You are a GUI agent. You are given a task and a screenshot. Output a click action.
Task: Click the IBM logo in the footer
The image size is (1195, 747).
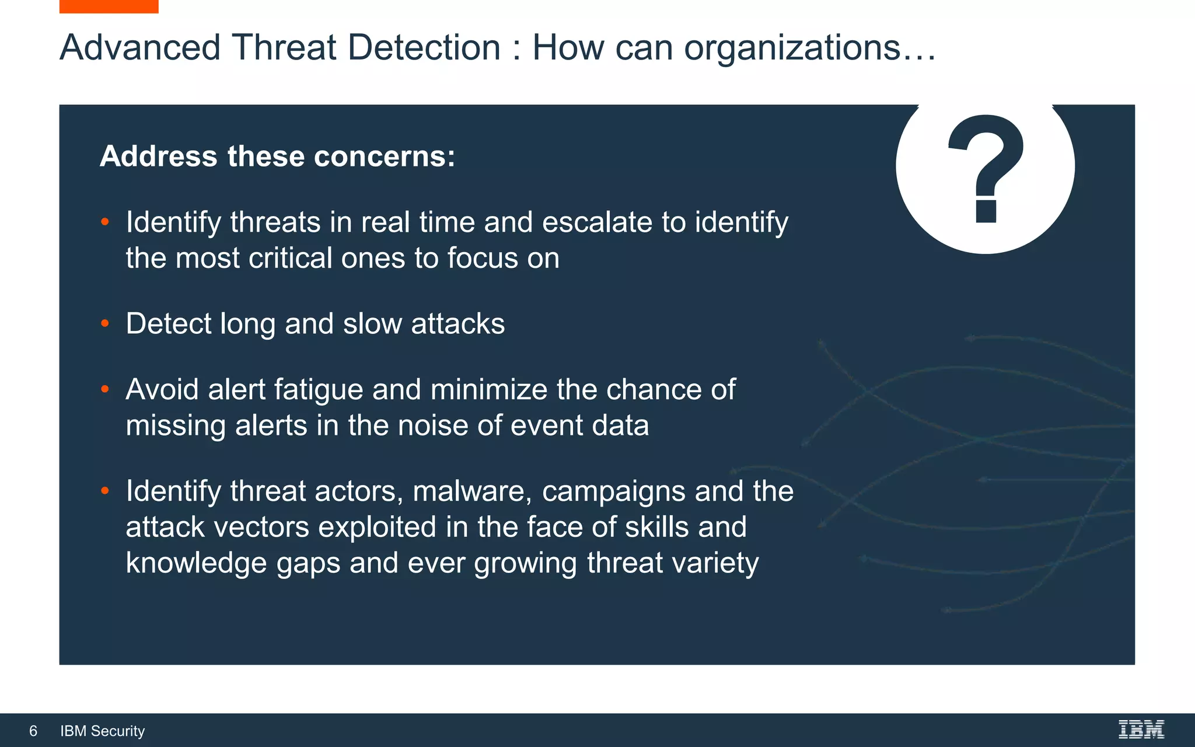click(1141, 729)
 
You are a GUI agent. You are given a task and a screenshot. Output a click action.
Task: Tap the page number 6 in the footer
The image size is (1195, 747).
click(33, 731)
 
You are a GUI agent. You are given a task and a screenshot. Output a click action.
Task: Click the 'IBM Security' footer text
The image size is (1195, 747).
click(103, 731)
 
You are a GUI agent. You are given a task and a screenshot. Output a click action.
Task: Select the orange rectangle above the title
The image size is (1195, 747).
click(109, 6)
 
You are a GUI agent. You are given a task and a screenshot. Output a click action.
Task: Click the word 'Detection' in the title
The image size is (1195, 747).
click(424, 47)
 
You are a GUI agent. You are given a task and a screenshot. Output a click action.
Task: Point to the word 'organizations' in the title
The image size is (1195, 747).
click(792, 47)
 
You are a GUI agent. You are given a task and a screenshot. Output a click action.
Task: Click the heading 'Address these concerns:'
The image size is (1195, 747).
click(277, 156)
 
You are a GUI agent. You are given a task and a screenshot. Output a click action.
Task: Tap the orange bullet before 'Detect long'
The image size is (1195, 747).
click(105, 323)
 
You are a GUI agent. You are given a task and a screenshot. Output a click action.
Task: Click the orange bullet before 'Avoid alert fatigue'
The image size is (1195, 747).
click(105, 389)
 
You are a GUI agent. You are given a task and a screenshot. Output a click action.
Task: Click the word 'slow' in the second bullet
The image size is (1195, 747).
click(372, 324)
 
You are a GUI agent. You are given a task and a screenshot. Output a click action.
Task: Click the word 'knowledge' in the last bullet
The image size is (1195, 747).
click(196, 563)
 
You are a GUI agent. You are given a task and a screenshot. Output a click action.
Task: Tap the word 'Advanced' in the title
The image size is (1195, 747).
click(140, 47)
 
